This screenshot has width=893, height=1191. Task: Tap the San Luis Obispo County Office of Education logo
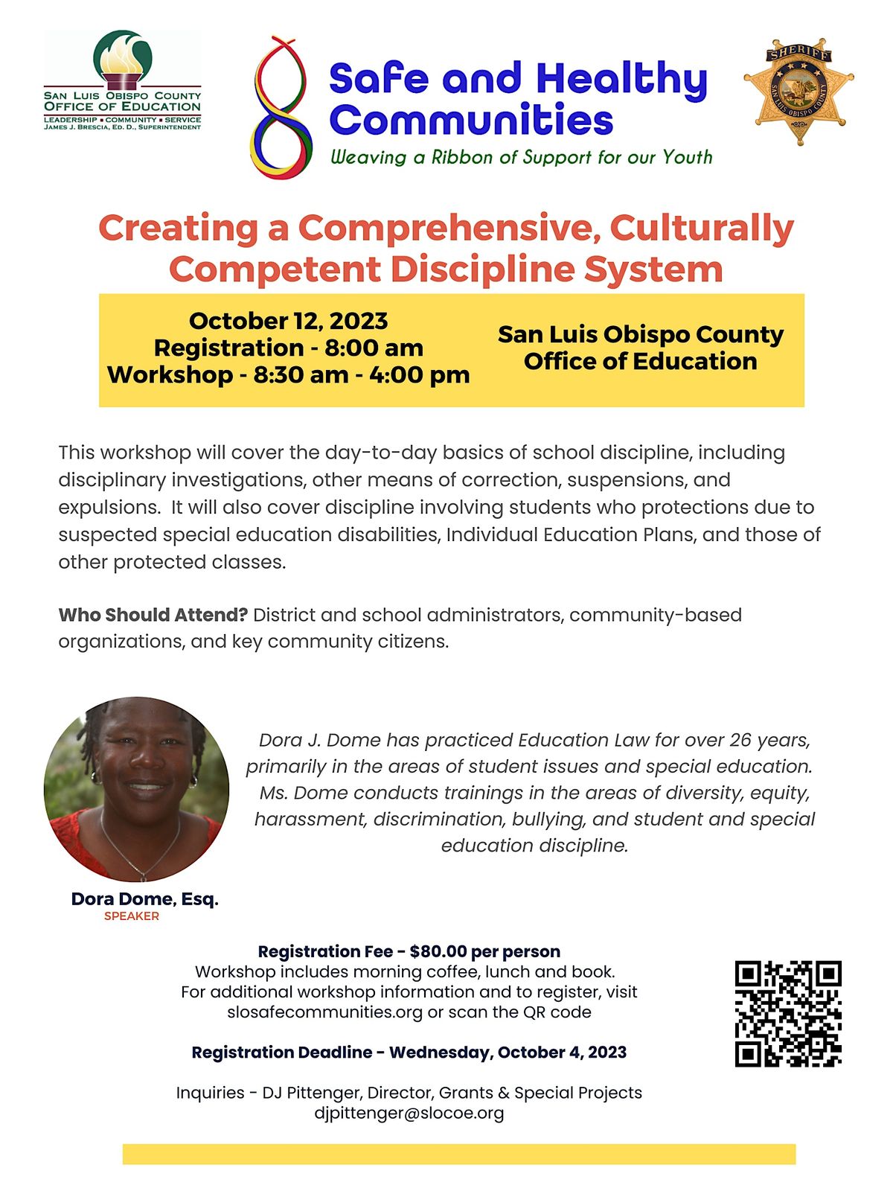(x=123, y=80)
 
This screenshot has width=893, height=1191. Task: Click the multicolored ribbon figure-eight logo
(x=281, y=108)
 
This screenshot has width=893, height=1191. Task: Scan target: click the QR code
(x=788, y=1014)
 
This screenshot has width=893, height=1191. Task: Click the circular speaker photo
(x=137, y=789)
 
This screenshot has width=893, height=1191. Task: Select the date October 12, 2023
(x=288, y=321)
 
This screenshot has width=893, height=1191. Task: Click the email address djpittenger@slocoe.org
(x=409, y=1113)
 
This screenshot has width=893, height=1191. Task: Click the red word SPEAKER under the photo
(x=132, y=916)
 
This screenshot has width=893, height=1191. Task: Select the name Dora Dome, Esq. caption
(x=145, y=898)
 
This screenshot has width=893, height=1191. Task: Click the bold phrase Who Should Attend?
(x=153, y=615)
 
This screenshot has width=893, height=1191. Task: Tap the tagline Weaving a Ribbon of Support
(x=521, y=157)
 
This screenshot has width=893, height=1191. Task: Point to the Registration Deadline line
(x=409, y=1053)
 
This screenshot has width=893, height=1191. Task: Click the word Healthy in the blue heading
(x=621, y=79)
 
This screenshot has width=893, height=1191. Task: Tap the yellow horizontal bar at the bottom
(x=459, y=1154)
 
